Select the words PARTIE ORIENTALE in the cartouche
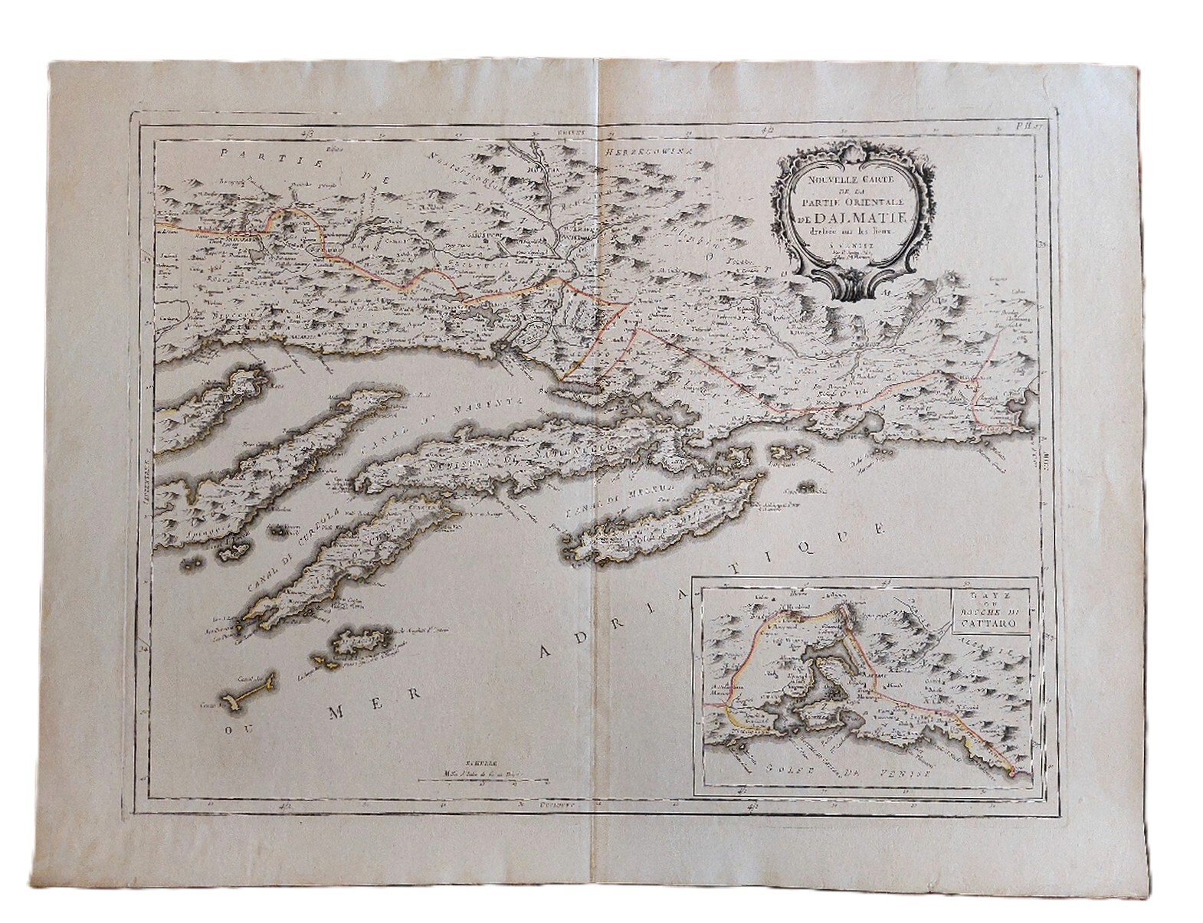854,201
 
